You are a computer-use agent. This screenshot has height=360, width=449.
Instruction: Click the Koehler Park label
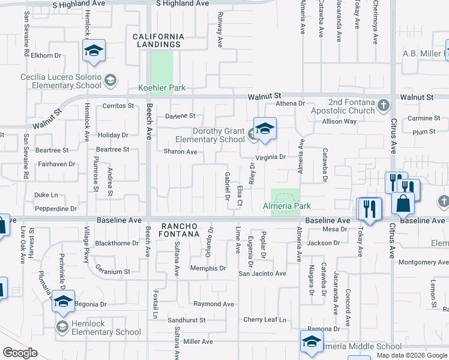coord(162,88)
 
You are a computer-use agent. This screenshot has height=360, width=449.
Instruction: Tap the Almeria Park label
coord(287,206)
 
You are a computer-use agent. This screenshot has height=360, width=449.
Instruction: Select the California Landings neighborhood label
coord(158,40)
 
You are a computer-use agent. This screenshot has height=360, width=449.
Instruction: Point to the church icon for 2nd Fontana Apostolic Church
coord(384,106)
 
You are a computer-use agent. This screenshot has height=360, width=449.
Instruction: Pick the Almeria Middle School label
coord(362,347)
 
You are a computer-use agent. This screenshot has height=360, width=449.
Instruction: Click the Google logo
coord(20,353)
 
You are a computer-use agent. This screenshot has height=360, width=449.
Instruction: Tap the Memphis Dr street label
coord(208,268)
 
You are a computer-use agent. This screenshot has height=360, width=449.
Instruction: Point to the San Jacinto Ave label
coord(262,274)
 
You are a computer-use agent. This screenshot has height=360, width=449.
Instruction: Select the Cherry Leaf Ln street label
coord(265,320)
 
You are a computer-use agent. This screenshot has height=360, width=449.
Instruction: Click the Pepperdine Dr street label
coord(56,209)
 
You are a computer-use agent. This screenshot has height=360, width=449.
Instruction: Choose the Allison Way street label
coord(339,121)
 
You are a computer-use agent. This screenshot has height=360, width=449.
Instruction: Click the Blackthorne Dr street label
coord(117,244)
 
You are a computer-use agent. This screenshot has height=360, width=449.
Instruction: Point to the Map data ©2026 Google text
coord(412,355)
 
